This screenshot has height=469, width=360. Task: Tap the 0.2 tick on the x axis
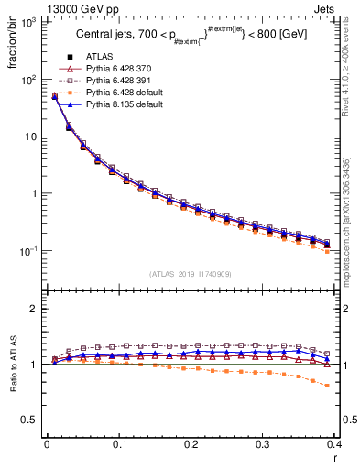191,444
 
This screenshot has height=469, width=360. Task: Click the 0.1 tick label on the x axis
119,444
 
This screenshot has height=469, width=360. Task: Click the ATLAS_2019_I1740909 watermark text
191,274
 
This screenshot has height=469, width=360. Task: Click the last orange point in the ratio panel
328,386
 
